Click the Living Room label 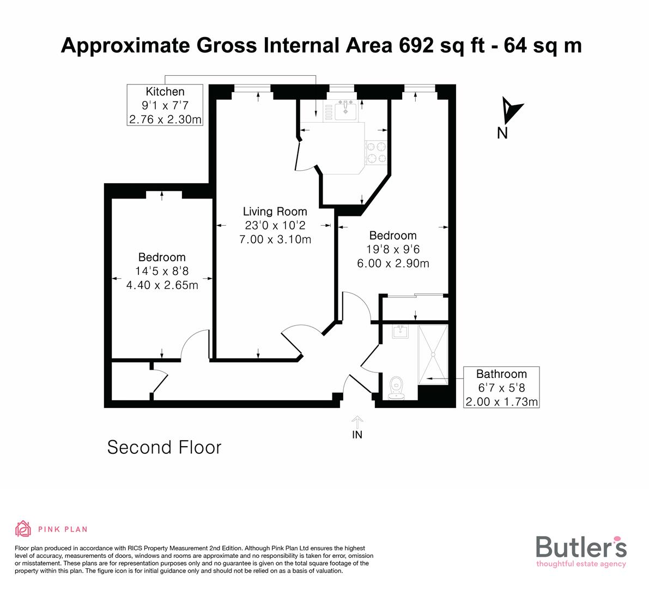tap(275, 212)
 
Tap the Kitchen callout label tap(165, 92)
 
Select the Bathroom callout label tap(501, 374)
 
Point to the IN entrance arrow tap(357, 422)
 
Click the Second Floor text tap(164, 448)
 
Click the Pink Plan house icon tap(23, 528)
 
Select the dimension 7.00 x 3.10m tap(275, 239)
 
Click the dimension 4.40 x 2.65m tap(162, 285)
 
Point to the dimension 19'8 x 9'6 tap(392, 249)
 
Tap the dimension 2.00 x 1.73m tap(501, 402)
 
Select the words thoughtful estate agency tap(581, 564)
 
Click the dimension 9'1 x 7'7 tap(165, 105)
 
